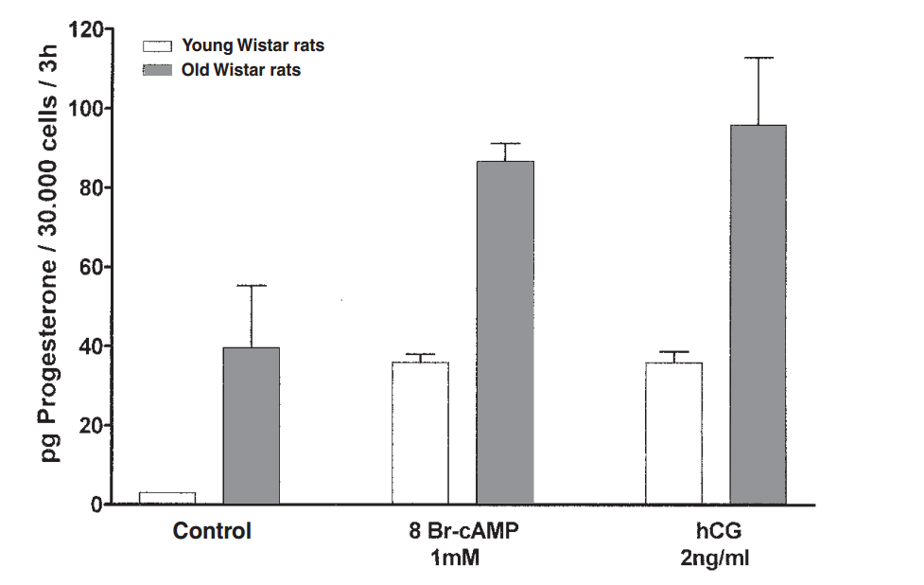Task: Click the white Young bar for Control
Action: pyautogui.click(x=167, y=498)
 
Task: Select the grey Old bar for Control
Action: pyautogui.click(x=251, y=426)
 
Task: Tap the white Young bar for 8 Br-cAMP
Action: pyautogui.click(x=420, y=433)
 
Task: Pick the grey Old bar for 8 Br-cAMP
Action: pyautogui.click(x=505, y=332)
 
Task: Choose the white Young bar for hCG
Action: pyautogui.click(x=674, y=433)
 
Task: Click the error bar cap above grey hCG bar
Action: pyautogui.click(x=758, y=58)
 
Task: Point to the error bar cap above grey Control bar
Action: pyautogui.click(x=251, y=285)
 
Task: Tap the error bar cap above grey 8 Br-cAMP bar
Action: pyautogui.click(x=505, y=143)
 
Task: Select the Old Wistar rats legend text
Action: pyautogui.click(x=241, y=69)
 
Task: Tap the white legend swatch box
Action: pyautogui.click(x=156, y=45)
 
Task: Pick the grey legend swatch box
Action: pyautogui.click(x=156, y=69)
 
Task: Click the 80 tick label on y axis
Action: pyautogui.click(x=90, y=187)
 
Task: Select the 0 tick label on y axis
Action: pyautogui.click(x=96, y=505)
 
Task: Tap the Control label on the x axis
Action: pyautogui.click(x=212, y=531)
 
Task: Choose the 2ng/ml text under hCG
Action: pyautogui.click(x=716, y=558)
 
